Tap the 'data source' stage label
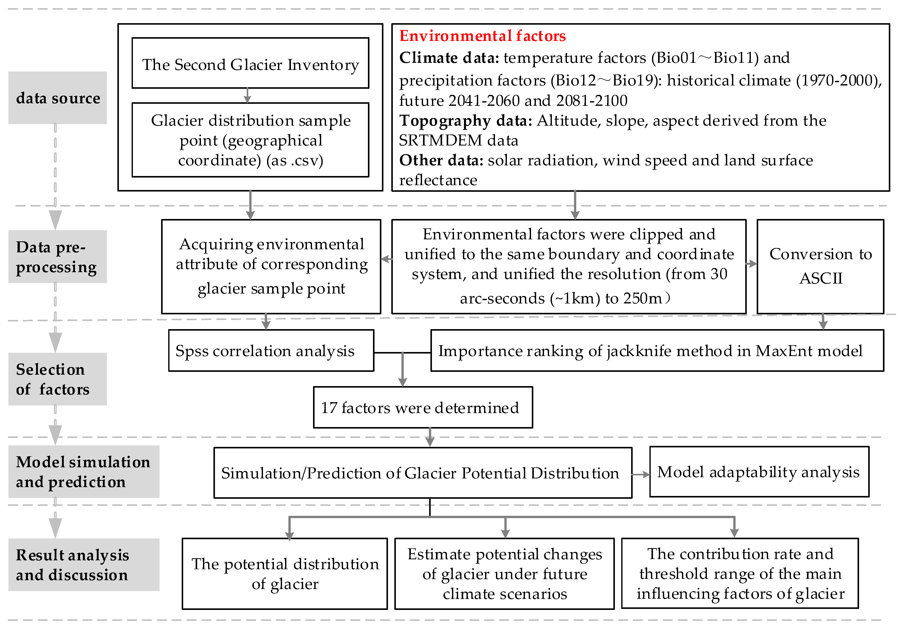(x=58, y=98)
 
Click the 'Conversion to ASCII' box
(x=820, y=266)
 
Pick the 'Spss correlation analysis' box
(x=271, y=350)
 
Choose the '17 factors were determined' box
(x=423, y=407)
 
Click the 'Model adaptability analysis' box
(x=759, y=472)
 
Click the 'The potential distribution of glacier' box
(x=285, y=574)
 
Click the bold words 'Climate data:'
(x=449, y=58)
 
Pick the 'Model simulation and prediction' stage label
(x=84, y=472)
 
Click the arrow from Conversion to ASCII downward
(x=823, y=322)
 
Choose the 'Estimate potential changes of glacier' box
(x=504, y=574)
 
